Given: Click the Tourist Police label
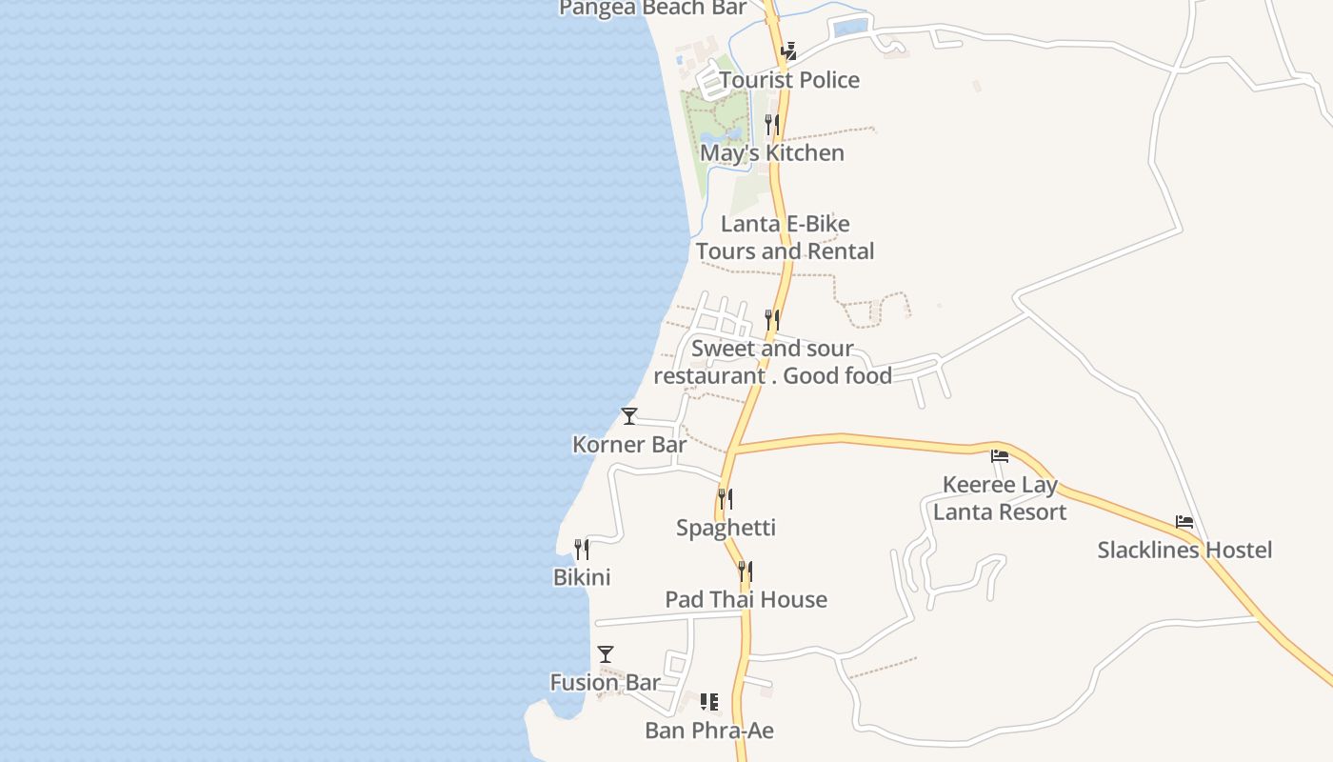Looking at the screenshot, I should (x=789, y=80).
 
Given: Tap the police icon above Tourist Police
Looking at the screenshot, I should (x=789, y=50).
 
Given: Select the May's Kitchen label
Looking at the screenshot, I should (x=772, y=152).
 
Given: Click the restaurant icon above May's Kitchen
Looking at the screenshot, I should (x=772, y=125).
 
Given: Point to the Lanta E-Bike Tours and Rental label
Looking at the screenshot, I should (x=785, y=238).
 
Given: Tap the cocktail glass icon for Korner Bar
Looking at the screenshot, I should (x=629, y=416).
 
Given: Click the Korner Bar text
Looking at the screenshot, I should (x=629, y=445).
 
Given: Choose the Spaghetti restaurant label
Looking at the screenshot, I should (x=726, y=528).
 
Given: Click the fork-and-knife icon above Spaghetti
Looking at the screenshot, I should (x=726, y=499).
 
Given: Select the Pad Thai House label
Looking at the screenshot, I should (x=746, y=599).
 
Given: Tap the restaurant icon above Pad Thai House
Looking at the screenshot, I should (x=746, y=571).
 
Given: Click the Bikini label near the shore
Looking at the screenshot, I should (x=582, y=577).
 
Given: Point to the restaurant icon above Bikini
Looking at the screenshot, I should (x=582, y=550).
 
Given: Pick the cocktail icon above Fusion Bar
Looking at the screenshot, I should (x=606, y=654).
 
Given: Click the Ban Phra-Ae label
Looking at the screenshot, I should (x=709, y=731).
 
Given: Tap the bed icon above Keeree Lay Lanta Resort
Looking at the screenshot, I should (x=1000, y=456).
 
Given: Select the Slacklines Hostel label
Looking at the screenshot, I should (x=1184, y=550).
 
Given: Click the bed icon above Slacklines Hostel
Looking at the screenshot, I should (x=1184, y=522).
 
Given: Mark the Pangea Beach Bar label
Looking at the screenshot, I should (x=652, y=9).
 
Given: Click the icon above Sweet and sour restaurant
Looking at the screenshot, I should (x=772, y=320).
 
